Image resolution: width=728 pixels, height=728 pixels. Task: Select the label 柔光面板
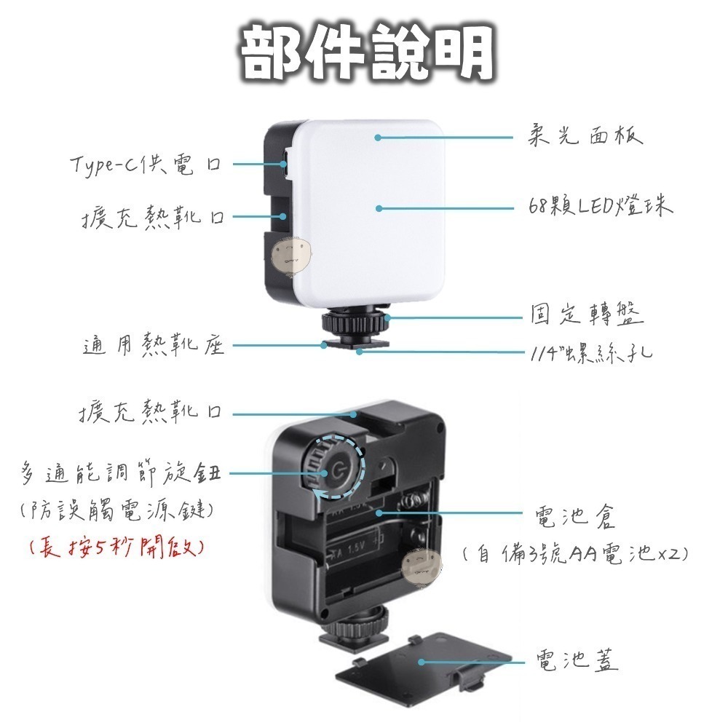point(585,136)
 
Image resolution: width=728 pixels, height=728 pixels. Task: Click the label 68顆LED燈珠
point(601,207)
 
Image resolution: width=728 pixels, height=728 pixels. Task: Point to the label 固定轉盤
point(586,316)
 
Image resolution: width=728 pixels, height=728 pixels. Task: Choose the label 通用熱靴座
point(153,346)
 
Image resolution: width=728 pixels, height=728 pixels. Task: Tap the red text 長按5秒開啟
point(115,547)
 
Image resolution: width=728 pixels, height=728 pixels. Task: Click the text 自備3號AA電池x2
point(575,554)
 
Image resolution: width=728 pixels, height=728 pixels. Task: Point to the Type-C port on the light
point(284,164)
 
